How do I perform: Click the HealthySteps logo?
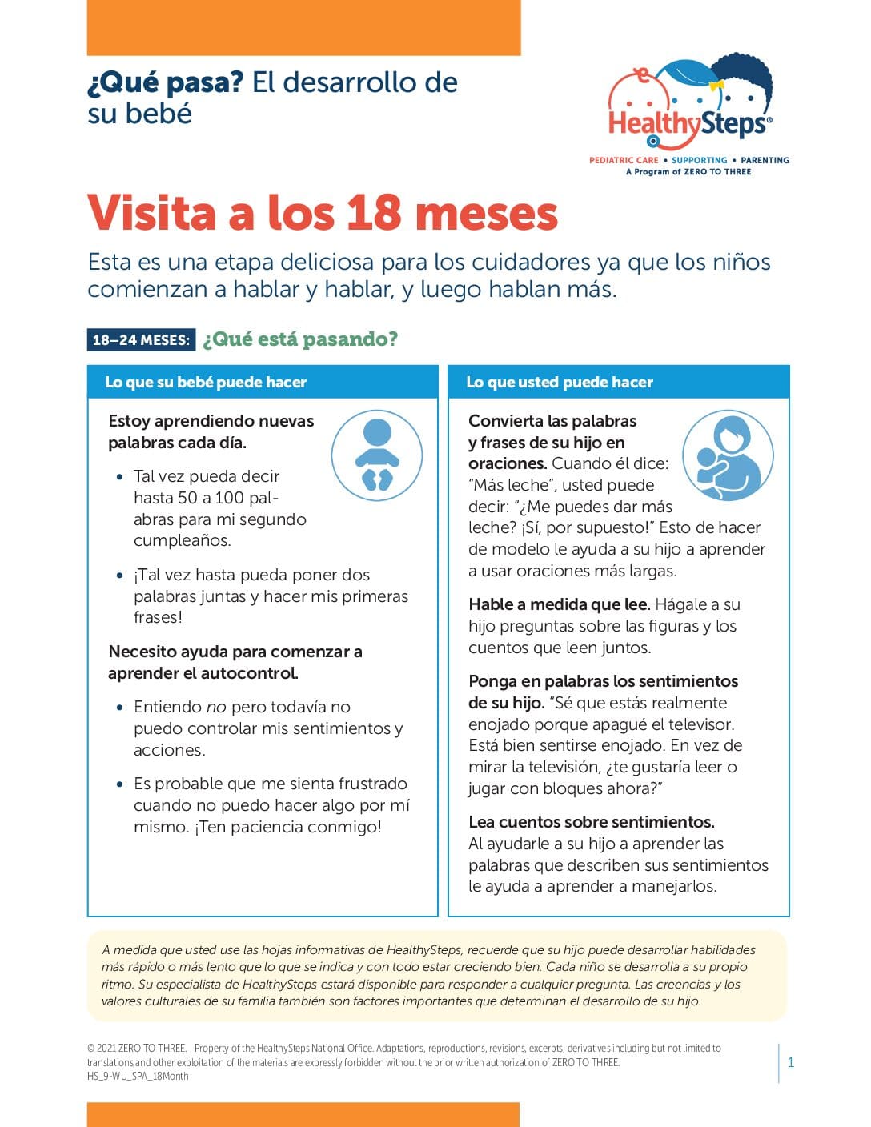(x=689, y=112)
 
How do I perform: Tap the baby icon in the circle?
(x=376, y=455)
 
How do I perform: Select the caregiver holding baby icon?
(x=728, y=456)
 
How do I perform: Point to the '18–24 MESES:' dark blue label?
(x=141, y=339)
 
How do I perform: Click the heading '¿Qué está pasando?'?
(x=299, y=339)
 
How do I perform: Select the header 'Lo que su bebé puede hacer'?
(x=206, y=383)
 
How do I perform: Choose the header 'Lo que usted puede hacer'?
(x=560, y=383)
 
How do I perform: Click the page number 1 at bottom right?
(x=791, y=1063)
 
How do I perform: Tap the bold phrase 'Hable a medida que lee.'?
(x=559, y=604)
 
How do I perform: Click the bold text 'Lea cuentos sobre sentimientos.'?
(x=591, y=822)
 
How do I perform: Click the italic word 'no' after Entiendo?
(x=216, y=707)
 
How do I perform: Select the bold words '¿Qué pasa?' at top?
(x=165, y=82)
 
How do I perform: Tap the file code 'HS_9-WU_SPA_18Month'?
(x=138, y=1077)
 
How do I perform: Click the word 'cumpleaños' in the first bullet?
(x=182, y=540)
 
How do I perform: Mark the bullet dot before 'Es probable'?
(x=120, y=784)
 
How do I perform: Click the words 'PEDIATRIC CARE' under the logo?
(x=624, y=160)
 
